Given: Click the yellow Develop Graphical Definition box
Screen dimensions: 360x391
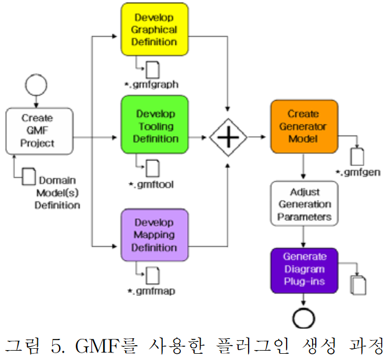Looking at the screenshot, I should tap(154, 30).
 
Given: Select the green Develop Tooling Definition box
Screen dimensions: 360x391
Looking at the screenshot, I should tap(154, 126).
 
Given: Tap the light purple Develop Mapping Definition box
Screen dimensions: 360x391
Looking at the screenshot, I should tap(154, 236).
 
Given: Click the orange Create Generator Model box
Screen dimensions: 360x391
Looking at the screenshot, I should tap(303, 126).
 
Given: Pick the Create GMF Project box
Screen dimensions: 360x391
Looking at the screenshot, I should tap(38, 131).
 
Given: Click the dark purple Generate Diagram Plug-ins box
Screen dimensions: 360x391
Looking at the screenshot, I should tap(304, 270).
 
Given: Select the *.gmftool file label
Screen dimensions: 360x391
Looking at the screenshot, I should tap(151, 185).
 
